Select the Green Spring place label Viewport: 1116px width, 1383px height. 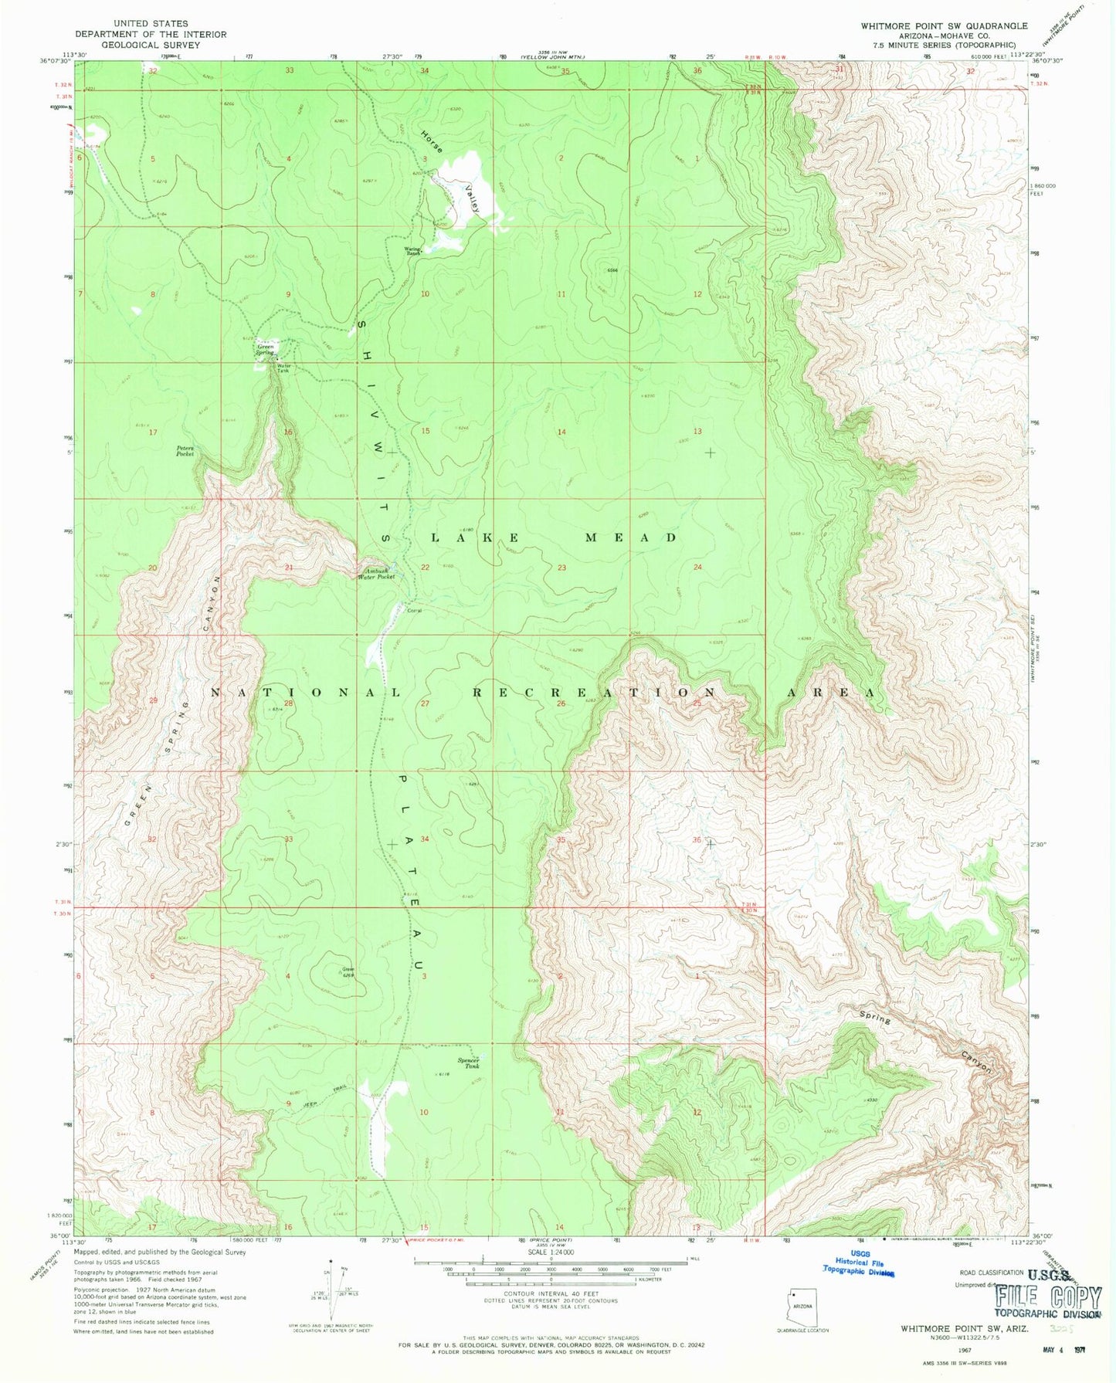coord(266,349)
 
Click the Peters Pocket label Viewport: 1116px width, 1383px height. coord(185,451)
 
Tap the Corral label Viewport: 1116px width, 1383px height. coord(413,610)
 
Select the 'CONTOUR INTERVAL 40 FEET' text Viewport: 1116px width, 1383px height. coord(551,1293)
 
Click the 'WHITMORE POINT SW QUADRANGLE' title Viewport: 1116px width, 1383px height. coord(944,25)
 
